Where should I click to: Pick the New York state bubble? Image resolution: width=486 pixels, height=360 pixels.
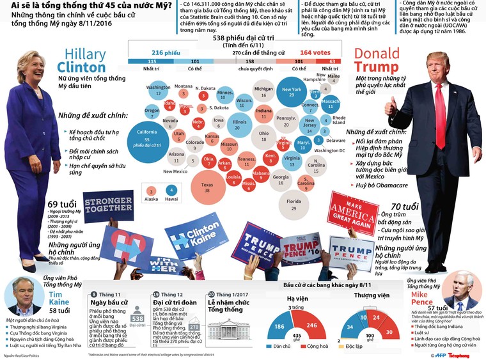(291, 93)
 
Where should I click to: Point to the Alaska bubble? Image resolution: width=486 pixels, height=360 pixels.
(151, 191)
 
